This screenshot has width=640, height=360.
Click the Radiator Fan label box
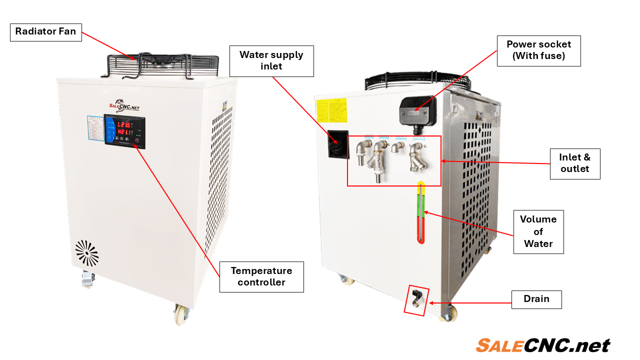pyautogui.click(x=45, y=31)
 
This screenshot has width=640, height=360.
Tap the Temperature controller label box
pyautogui.click(x=261, y=276)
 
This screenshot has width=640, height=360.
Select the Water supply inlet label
pyautogui.click(x=271, y=61)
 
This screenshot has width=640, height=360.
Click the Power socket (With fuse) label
pyautogui.click(x=538, y=50)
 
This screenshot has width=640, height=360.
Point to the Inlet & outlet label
pyautogui.click(x=574, y=163)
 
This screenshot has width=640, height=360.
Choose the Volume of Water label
pyautogui.click(x=538, y=231)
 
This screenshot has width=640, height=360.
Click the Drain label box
pyautogui.click(x=536, y=299)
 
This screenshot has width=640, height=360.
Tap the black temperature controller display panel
pyautogui.click(x=124, y=131)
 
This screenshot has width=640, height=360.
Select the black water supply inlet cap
pyautogui.click(x=337, y=144)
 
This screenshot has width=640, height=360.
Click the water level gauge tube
pyautogui.click(x=421, y=212)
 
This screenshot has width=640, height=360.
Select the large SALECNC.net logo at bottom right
pyautogui.click(x=542, y=345)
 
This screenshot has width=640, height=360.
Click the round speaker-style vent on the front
pyautogui.click(x=87, y=252)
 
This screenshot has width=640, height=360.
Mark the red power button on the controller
pyautogui.click(x=136, y=140)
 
